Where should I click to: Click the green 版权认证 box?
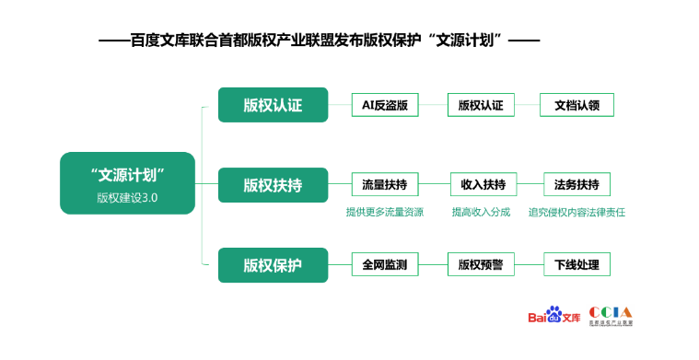tap(273, 105)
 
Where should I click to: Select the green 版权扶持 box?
tap(273, 185)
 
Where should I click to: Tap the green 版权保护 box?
tap(273, 265)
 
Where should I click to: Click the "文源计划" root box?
tap(128, 183)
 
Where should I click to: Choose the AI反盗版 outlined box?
tap(385, 105)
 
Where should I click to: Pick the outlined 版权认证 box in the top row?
tap(480, 105)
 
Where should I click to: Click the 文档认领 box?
tap(577, 105)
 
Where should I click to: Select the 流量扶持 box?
tap(385, 185)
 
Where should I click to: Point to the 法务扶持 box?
tap(577, 185)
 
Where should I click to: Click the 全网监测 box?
tap(385, 265)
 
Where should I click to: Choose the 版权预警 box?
tap(480, 265)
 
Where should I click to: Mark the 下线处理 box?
tap(577, 265)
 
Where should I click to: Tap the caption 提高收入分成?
tap(481, 212)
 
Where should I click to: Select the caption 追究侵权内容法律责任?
tap(577, 212)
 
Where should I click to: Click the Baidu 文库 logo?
tap(553, 316)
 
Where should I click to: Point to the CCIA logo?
tap(612, 315)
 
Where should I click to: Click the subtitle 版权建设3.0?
tap(128, 196)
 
